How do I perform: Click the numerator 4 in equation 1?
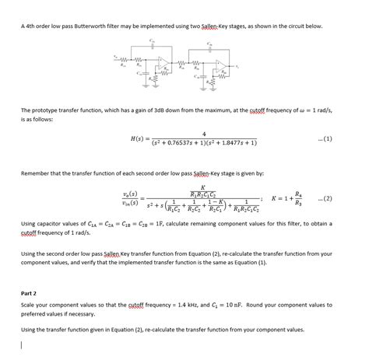point(204,135)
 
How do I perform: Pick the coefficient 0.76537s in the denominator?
point(188,145)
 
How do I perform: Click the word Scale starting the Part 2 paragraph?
point(29,305)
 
